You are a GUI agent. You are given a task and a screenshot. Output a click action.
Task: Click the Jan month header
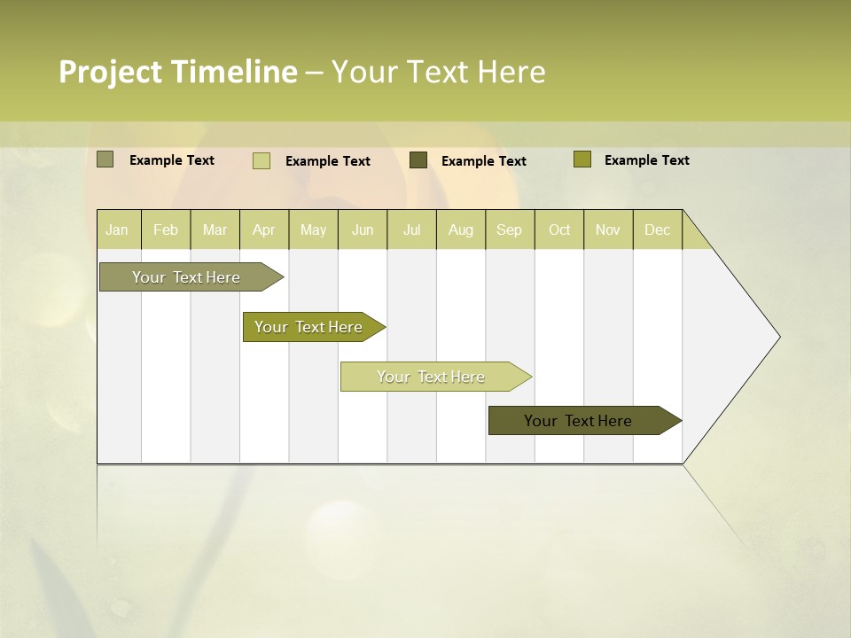coord(117,230)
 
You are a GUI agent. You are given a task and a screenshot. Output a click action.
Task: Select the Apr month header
coord(264,230)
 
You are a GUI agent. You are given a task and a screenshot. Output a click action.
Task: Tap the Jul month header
coord(411,230)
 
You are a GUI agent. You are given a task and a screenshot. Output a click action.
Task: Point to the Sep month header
coord(509,230)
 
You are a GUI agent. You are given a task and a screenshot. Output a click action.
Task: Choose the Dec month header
coord(657,230)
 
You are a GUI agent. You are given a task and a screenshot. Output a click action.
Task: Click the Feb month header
coord(166,230)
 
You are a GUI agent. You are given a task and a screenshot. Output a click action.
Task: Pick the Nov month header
coord(607,230)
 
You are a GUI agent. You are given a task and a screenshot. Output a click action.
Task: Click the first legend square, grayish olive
coord(105,159)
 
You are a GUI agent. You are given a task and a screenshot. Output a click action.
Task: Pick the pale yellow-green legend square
coord(262,160)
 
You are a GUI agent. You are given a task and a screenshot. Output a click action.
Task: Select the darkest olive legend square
coord(418,159)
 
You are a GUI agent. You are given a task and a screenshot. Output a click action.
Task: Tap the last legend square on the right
coord(582,159)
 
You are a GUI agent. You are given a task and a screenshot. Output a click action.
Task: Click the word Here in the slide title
coord(511,72)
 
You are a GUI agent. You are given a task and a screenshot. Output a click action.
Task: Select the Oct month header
coord(559,230)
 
